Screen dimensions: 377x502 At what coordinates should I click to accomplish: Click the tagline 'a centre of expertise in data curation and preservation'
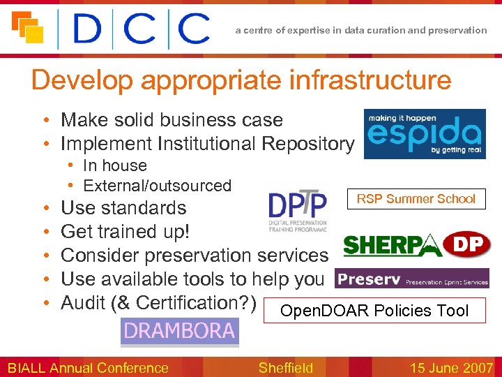(361, 30)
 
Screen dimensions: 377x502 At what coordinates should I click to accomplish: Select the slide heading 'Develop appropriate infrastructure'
(241, 80)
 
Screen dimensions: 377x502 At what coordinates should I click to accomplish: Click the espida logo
(425, 133)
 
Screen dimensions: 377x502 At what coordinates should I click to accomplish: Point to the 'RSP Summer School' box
(416, 199)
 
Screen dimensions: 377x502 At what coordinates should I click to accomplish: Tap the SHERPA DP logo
(417, 245)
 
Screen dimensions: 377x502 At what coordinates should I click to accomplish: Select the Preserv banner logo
(411, 279)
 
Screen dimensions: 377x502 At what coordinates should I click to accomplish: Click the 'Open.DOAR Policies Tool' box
(374, 311)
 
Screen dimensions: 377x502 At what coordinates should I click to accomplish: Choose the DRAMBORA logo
(180, 332)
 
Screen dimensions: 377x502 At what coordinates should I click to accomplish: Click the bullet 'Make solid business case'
(172, 120)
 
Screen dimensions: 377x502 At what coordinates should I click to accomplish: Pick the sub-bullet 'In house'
(114, 165)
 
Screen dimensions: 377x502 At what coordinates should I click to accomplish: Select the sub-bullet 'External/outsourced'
(157, 186)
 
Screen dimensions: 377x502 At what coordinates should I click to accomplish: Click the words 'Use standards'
(123, 208)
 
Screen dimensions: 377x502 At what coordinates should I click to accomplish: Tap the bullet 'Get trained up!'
(125, 231)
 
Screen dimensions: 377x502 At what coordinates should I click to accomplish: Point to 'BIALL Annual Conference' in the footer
(88, 367)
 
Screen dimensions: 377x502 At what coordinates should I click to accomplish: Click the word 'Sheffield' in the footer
(286, 367)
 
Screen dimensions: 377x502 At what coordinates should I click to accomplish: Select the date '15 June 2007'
(451, 367)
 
